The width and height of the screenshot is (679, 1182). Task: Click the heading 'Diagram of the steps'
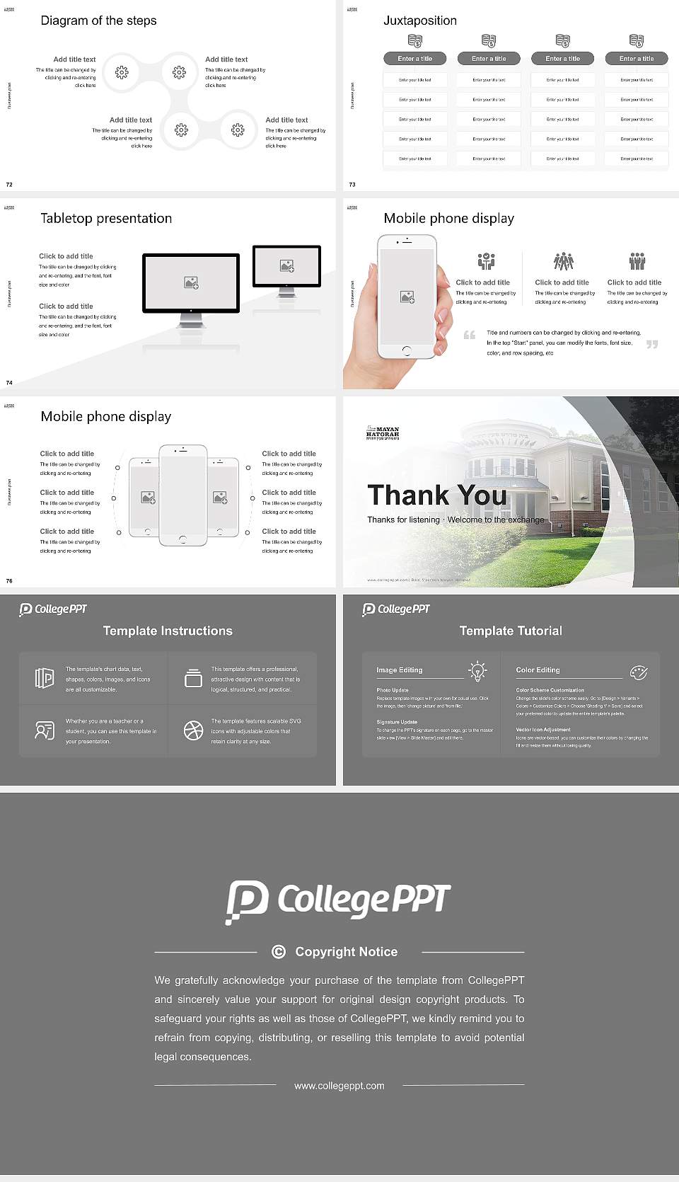click(98, 21)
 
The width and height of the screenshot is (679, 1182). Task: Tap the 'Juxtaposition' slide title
click(420, 21)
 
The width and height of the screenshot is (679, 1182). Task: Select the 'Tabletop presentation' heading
click(106, 219)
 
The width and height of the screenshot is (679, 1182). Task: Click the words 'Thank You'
click(437, 495)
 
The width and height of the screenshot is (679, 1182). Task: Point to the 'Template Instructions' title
click(168, 631)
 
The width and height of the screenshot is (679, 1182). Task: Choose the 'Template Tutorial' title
click(511, 631)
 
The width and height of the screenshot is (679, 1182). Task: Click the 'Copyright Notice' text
click(347, 952)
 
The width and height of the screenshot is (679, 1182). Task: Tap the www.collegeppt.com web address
click(339, 1086)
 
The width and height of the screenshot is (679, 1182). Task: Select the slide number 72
click(9, 185)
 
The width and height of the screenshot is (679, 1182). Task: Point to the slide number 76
click(9, 581)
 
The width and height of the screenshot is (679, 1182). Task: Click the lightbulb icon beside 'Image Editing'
click(477, 671)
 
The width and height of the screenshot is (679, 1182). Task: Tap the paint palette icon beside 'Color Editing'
click(639, 672)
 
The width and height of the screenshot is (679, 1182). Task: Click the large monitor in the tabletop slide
click(191, 283)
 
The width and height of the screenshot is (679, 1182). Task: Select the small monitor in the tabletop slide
click(286, 266)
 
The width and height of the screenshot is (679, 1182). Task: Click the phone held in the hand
click(407, 296)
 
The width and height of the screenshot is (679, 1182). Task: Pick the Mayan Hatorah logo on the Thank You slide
click(383, 432)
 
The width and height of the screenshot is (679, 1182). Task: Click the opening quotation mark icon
click(470, 335)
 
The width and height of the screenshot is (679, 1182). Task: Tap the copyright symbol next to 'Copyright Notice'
click(279, 952)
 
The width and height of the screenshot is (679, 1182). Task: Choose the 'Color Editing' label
click(538, 670)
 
